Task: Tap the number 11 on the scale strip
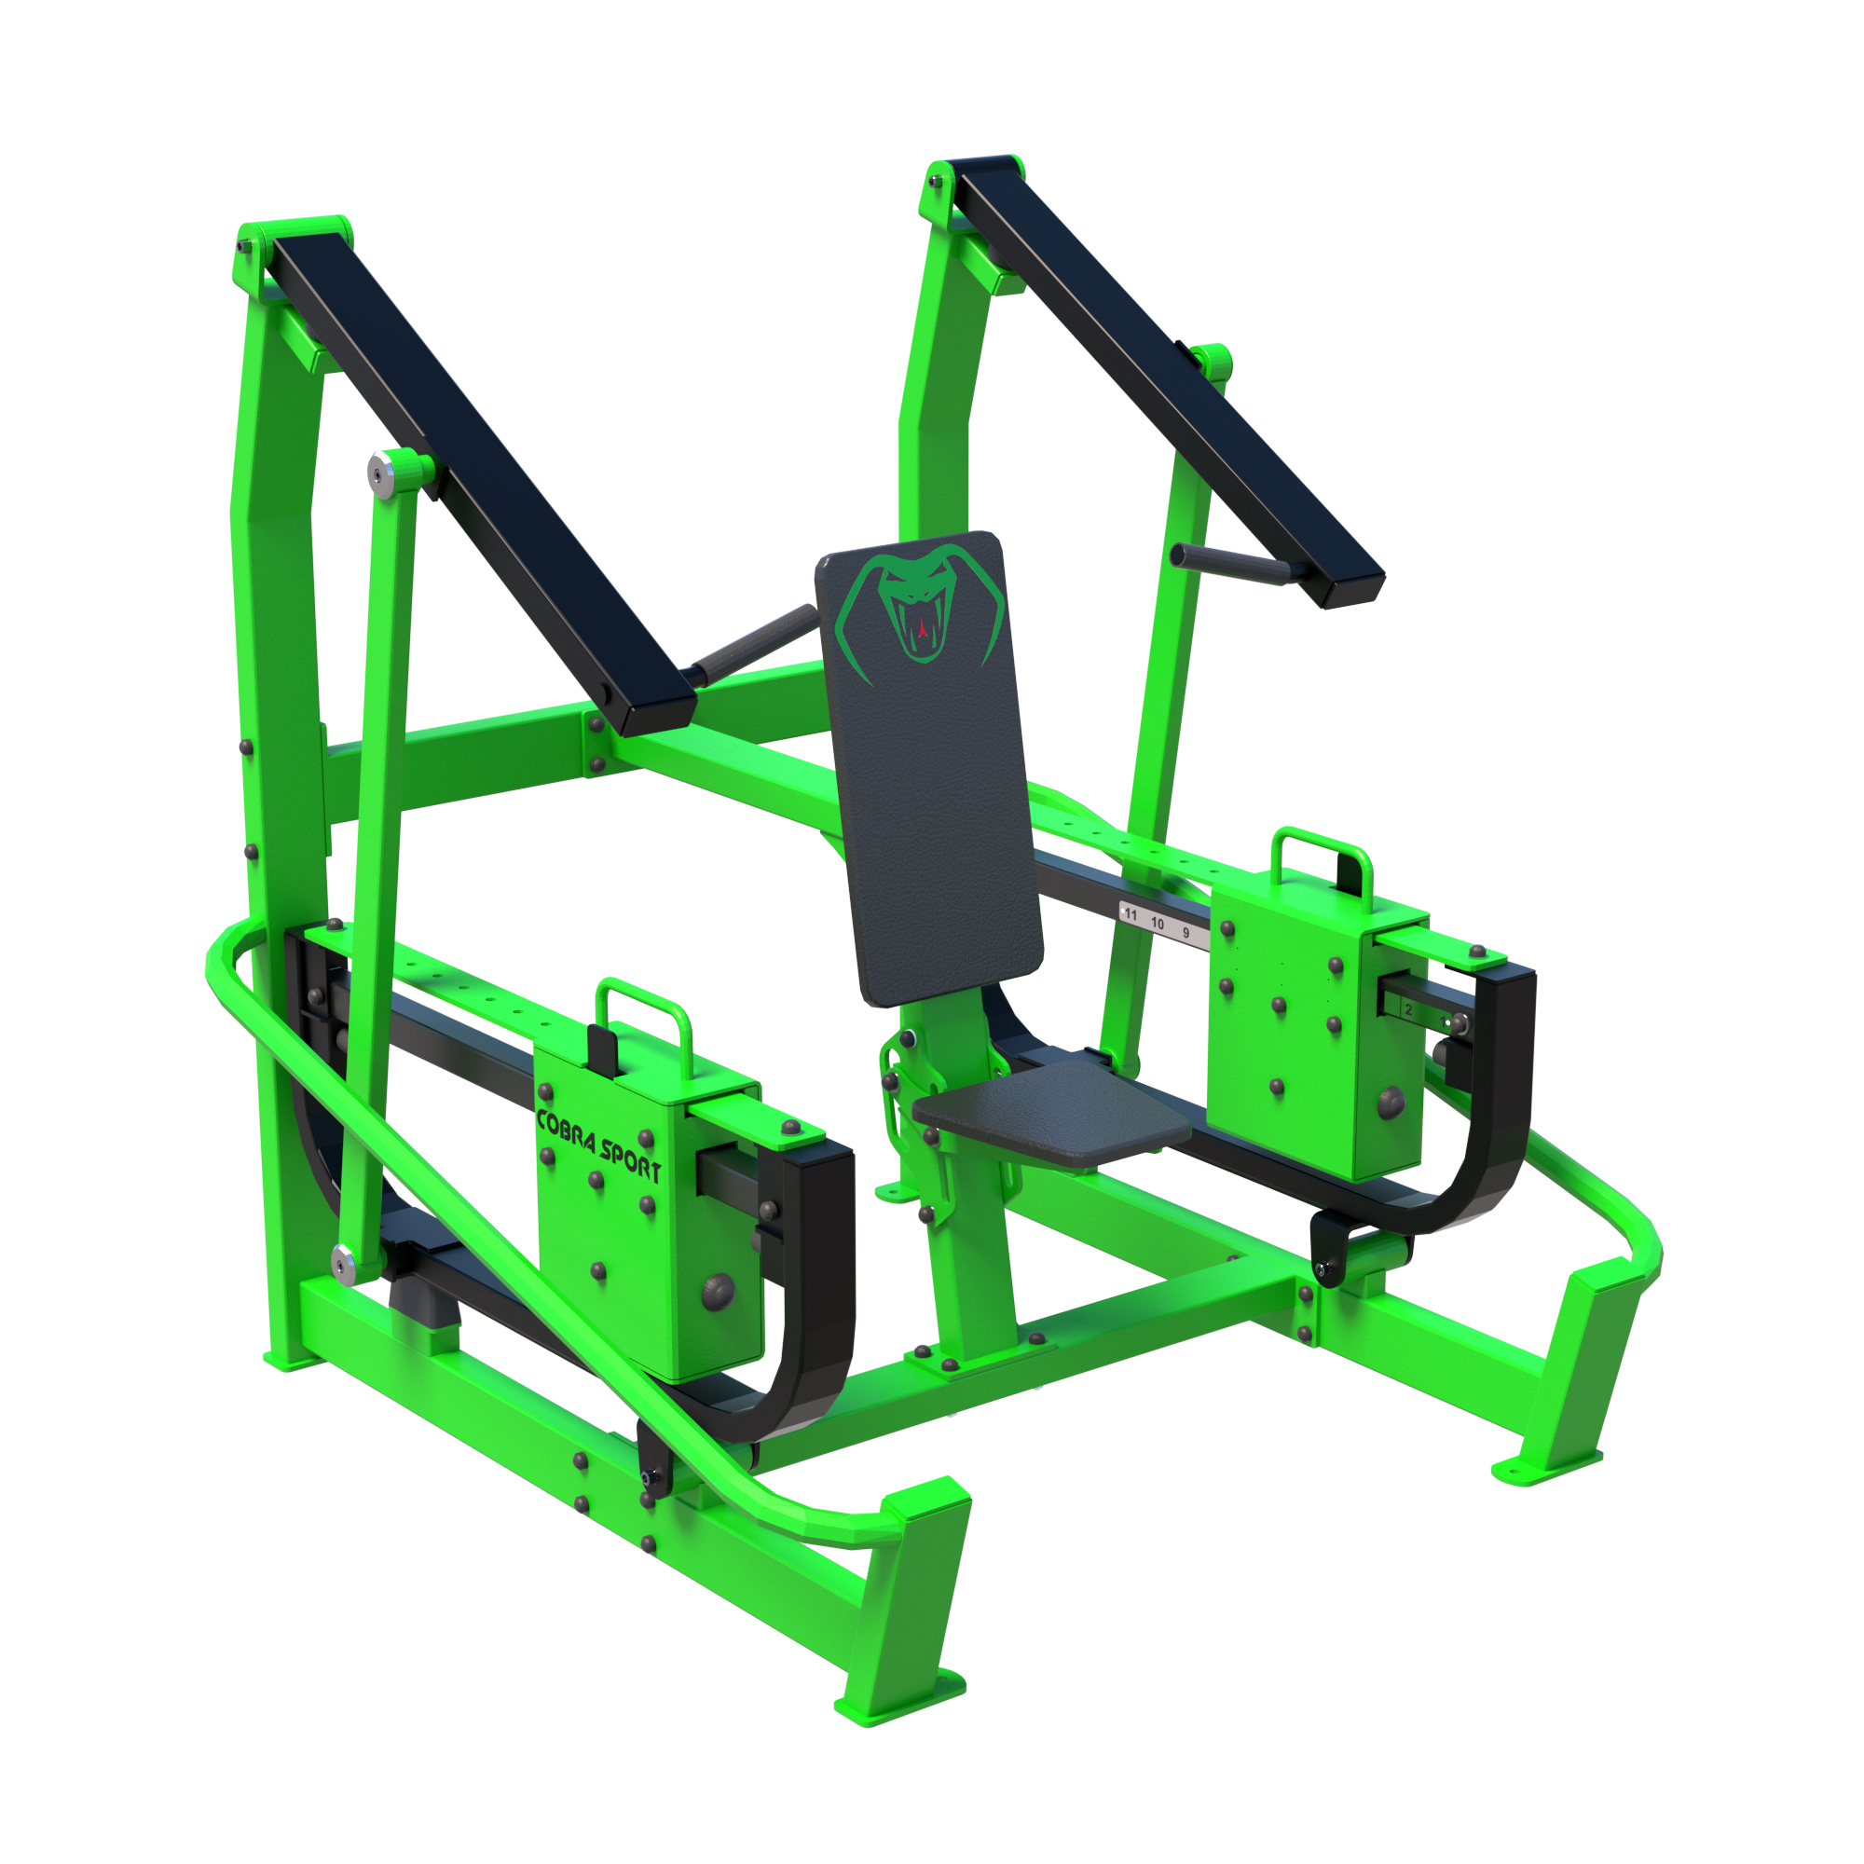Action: [1131, 914]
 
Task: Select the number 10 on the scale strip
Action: [1157, 924]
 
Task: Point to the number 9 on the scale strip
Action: [1186, 933]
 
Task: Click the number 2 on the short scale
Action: [1407, 1010]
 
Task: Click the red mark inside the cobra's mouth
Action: [924, 629]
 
